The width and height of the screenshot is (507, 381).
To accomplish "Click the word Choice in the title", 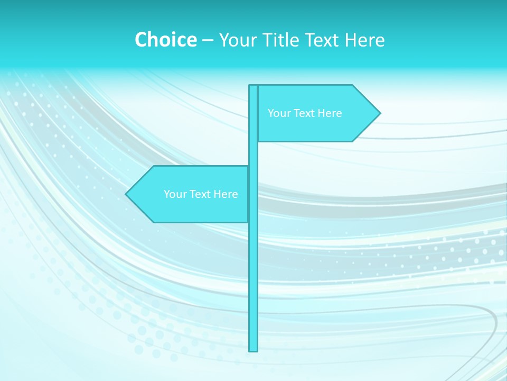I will click(x=165, y=40).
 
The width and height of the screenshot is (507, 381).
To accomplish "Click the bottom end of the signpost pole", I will click(x=253, y=350).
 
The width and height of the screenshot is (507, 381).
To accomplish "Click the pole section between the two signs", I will click(x=253, y=153).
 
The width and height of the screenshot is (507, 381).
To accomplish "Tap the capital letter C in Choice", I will click(x=141, y=40).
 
